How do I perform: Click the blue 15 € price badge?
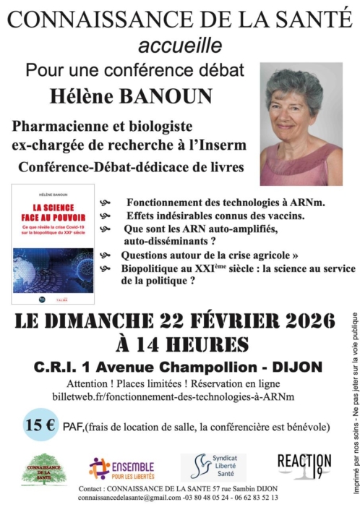pos(40,425)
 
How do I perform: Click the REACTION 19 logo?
pos(304,467)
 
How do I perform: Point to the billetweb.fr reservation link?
pos(173,397)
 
